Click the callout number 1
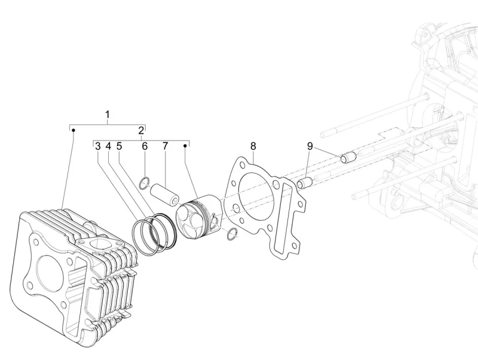[x=108, y=114]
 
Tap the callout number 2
[x=141, y=130]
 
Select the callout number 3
[x=97, y=146]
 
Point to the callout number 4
[x=108, y=146]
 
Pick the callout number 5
[x=119, y=146]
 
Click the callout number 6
[x=144, y=146]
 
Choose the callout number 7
[x=165, y=146]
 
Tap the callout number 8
[x=253, y=146]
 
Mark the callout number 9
[x=310, y=146]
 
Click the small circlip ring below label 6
[x=144, y=182]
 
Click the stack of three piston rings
[x=152, y=232]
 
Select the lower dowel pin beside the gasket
[x=305, y=182]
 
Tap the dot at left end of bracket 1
[x=73, y=129]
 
